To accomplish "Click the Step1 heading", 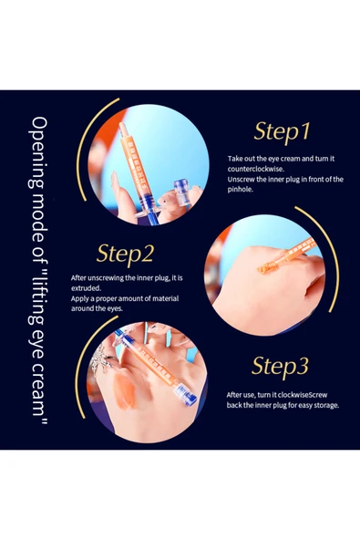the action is tap(283, 131).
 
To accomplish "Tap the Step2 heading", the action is tap(125, 254).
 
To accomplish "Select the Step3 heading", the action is tap(280, 366).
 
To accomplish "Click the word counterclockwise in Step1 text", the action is tap(256, 169).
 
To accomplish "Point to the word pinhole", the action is tap(240, 190).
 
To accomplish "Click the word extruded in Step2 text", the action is tap(86, 288).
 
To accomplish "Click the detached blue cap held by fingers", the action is tap(181, 192).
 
